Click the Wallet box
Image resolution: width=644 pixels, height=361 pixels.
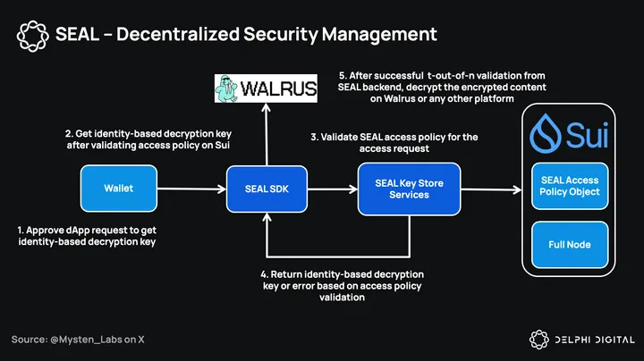119,189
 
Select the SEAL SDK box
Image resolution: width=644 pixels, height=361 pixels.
267,189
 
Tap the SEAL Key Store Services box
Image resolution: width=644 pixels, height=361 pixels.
409,189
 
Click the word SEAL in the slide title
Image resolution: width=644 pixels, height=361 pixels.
77,35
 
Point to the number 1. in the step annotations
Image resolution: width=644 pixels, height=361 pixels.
22,229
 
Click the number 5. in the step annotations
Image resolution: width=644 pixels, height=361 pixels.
343,76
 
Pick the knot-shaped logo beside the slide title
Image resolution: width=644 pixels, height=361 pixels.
33,35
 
